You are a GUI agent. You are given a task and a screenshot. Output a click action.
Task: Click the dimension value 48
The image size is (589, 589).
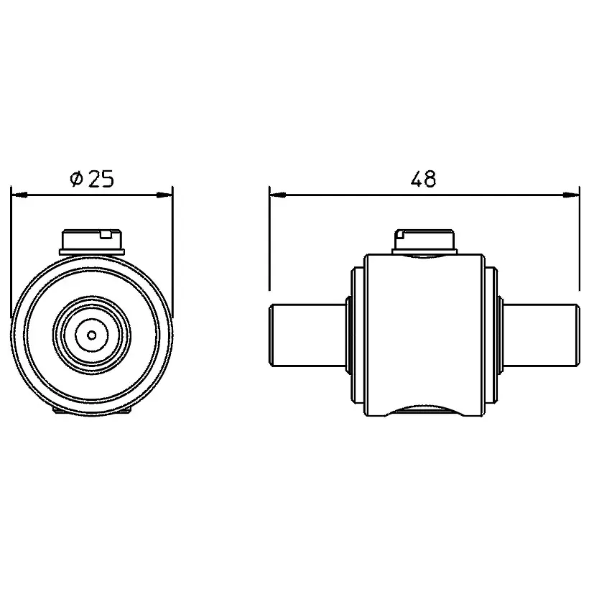(423, 179)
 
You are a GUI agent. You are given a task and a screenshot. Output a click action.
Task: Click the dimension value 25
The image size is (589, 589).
(101, 179)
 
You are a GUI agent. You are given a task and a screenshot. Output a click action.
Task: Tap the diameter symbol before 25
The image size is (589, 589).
(76, 179)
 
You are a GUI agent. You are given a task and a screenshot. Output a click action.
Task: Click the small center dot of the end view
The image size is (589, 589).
(92, 335)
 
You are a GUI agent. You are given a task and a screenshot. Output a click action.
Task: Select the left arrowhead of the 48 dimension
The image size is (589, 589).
(278, 195)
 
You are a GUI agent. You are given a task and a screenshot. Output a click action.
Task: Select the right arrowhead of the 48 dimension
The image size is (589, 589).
(571, 195)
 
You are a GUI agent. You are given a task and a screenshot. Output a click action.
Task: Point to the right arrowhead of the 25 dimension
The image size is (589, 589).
(164, 195)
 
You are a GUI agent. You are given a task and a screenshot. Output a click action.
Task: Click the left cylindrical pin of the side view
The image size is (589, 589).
(308, 335)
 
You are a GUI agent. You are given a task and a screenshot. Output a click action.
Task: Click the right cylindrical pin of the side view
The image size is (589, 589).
(541, 335)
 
